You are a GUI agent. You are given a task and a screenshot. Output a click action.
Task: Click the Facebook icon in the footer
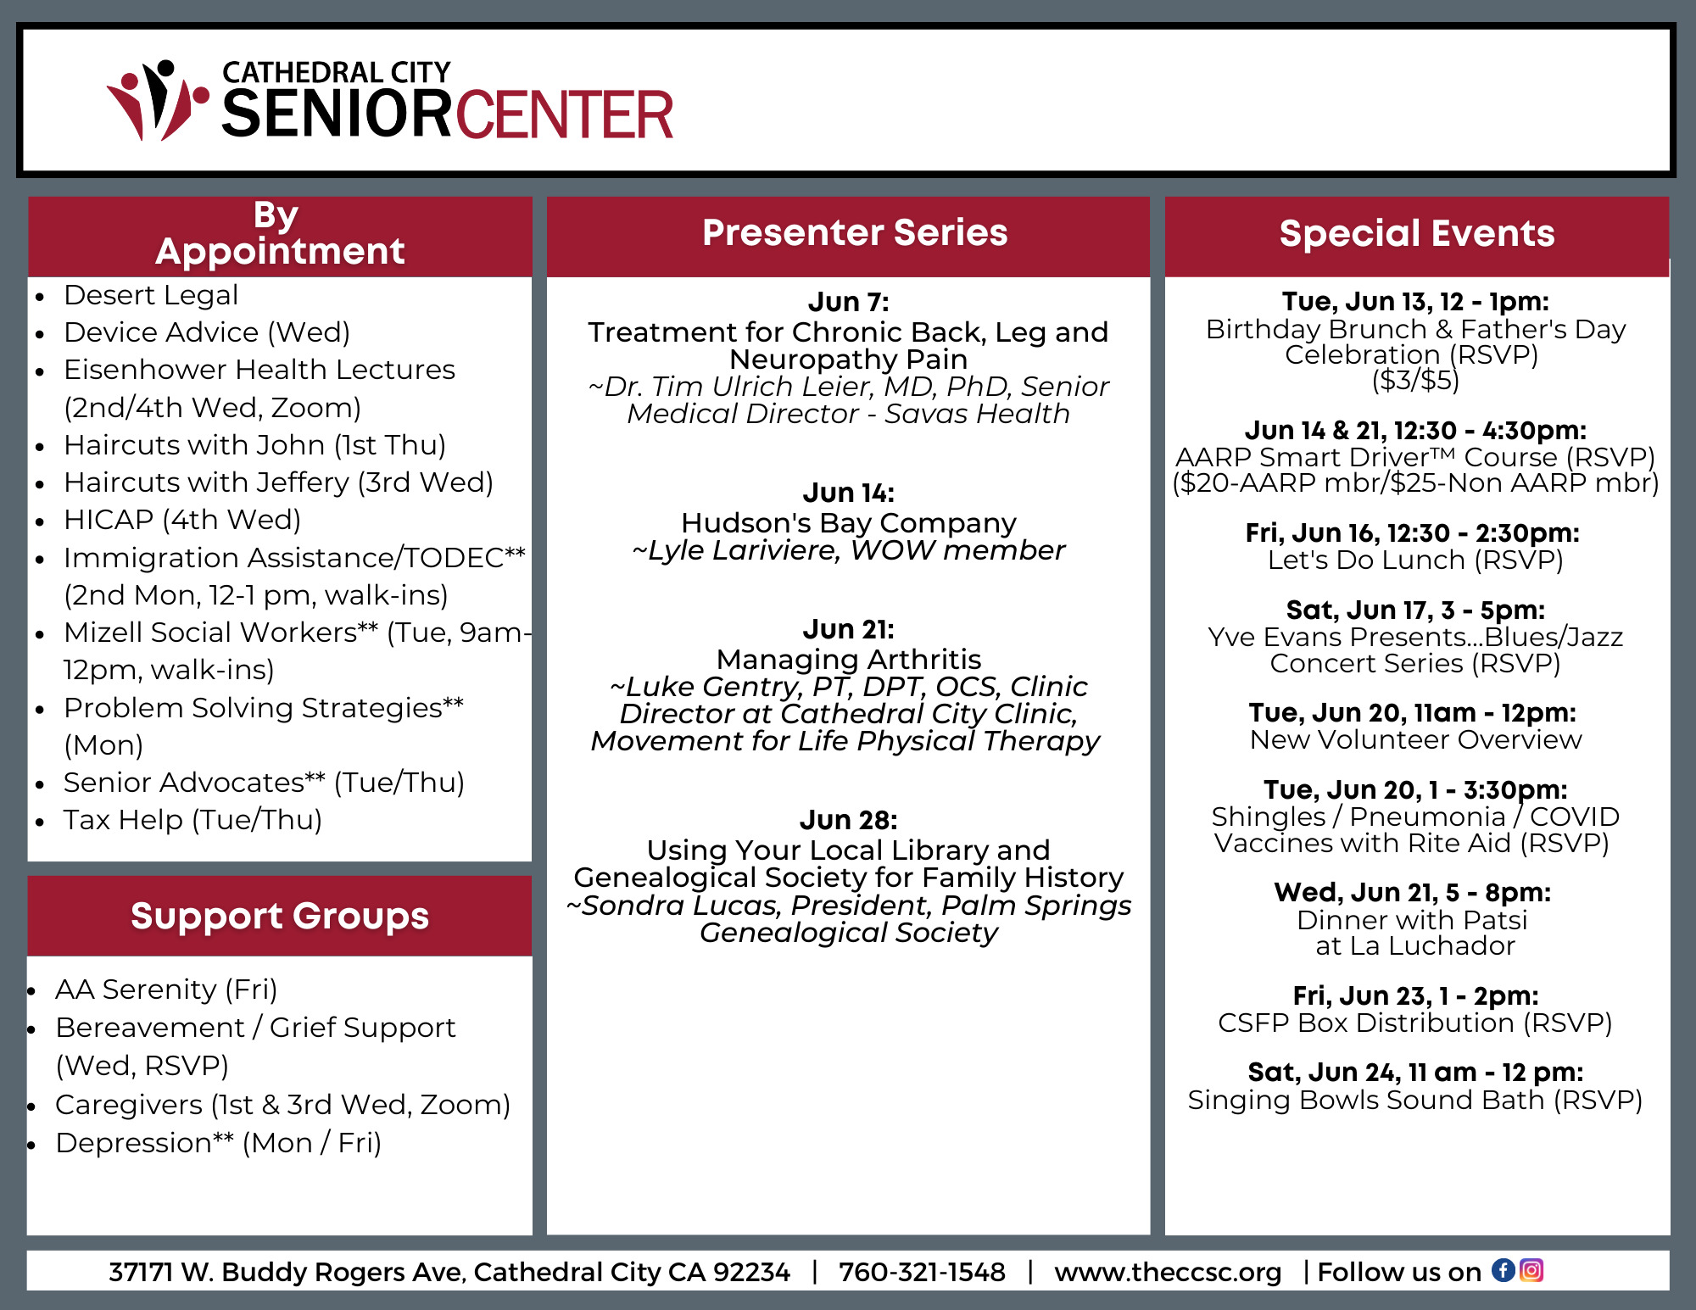(x=1504, y=1270)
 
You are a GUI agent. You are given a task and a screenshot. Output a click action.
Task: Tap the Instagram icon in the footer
(x=1531, y=1270)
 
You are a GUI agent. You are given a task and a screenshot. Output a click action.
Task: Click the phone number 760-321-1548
(x=922, y=1272)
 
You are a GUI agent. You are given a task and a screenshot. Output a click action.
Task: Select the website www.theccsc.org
(x=1168, y=1273)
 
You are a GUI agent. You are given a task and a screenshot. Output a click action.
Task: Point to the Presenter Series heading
(x=855, y=232)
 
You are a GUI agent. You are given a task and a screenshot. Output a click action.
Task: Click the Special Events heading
(x=1417, y=233)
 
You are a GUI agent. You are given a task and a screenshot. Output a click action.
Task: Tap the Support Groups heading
(x=280, y=916)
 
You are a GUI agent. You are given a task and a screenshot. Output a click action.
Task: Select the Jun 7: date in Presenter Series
(x=848, y=302)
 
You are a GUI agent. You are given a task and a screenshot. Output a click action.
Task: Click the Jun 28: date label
(x=848, y=820)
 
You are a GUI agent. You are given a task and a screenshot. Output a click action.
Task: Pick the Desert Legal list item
(x=151, y=295)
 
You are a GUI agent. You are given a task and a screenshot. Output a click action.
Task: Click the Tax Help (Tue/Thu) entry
(x=192, y=820)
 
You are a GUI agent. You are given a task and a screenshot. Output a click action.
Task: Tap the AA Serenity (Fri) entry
(x=166, y=989)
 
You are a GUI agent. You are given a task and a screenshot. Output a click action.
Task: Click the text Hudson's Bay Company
(x=848, y=523)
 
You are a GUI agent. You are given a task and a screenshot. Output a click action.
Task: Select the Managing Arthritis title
(x=848, y=659)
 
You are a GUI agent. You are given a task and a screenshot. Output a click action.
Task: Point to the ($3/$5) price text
(x=1415, y=380)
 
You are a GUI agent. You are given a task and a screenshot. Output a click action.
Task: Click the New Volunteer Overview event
(x=1415, y=739)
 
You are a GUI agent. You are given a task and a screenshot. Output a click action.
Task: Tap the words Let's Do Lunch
(x=1366, y=560)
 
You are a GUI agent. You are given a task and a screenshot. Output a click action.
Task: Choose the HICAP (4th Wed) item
(x=182, y=520)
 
